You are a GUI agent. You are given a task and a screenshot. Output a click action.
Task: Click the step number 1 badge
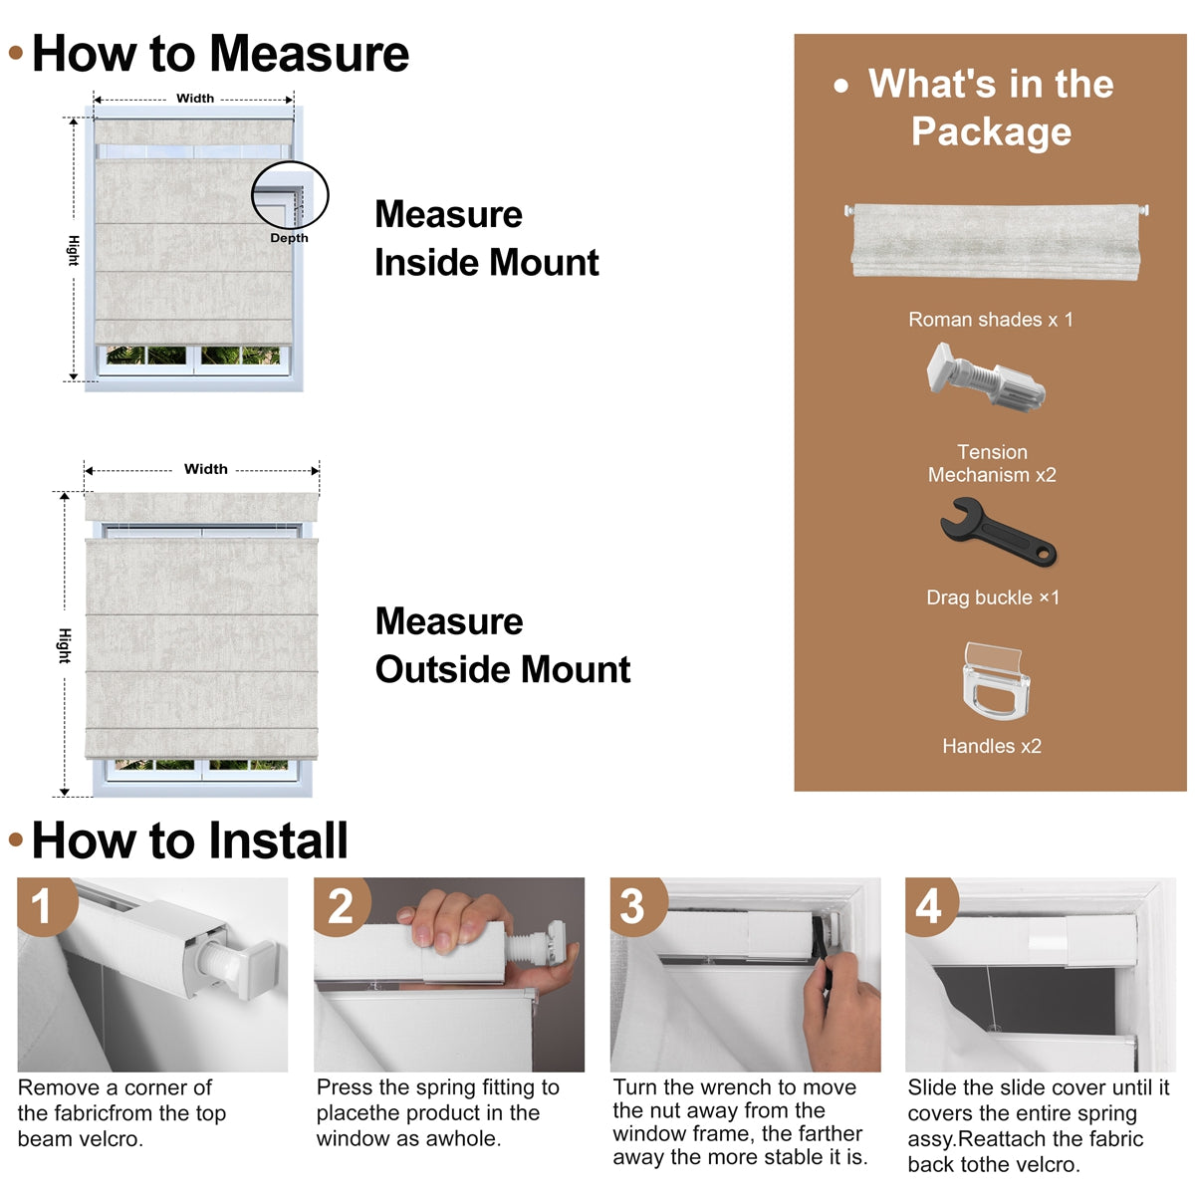click(45, 904)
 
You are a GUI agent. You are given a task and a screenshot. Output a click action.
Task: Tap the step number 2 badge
click(342, 904)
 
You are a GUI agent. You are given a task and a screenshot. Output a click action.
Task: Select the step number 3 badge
click(636, 904)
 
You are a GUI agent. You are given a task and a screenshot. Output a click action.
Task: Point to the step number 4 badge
click(930, 904)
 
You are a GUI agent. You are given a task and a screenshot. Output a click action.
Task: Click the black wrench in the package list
click(998, 532)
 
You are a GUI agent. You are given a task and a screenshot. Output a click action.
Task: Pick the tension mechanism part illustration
click(986, 377)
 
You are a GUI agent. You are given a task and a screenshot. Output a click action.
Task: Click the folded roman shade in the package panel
click(997, 240)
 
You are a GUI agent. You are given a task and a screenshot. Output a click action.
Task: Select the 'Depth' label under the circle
click(289, 238)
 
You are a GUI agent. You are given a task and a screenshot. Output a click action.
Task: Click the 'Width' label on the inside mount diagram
click(195, 98)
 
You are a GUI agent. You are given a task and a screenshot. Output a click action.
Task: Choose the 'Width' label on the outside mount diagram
click(206, 469)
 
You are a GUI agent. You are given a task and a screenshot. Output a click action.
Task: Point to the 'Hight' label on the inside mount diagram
click(73, 251)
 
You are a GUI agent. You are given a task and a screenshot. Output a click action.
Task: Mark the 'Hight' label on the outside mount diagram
click(65, 645)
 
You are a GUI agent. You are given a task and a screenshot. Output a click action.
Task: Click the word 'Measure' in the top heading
click(310, 54)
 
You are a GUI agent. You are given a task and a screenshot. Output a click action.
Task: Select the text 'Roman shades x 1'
click(990, 320)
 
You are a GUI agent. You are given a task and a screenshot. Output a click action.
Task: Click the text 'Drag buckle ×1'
click(993, 597)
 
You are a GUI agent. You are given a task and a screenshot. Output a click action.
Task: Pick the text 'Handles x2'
click(992, 746)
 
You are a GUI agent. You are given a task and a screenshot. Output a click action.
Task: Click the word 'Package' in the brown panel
click(991, 132)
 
